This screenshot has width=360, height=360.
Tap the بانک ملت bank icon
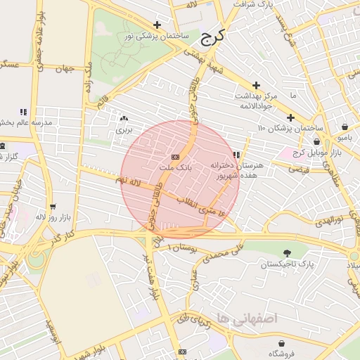(175, 156)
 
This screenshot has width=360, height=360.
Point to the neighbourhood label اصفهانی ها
(248, 318)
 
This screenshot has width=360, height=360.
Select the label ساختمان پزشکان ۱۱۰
(290, 128)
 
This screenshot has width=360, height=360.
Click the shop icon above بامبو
(345, 127)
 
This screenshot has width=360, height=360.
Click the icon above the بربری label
(124, 119)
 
